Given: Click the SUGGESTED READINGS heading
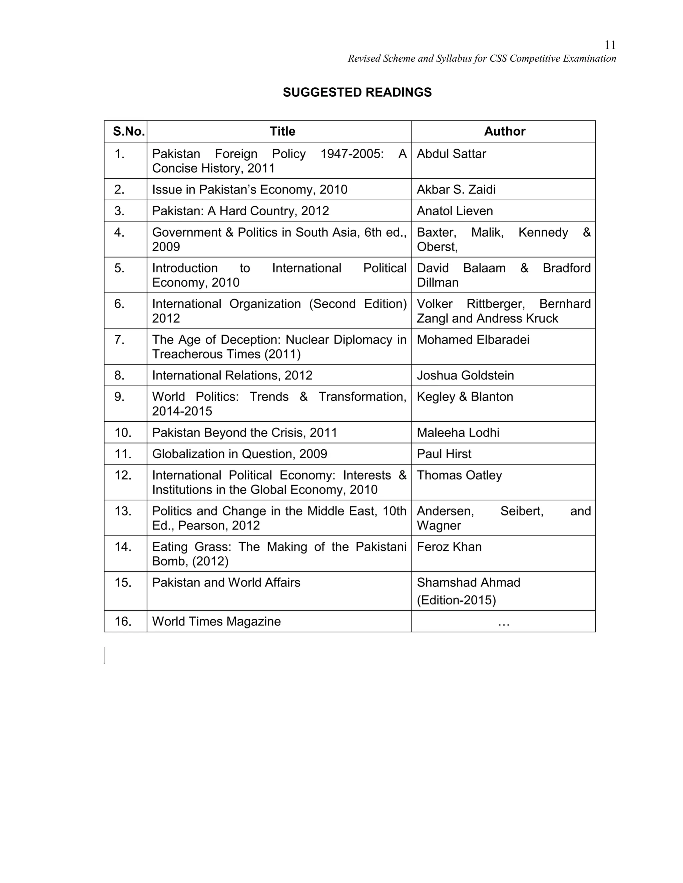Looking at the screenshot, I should pyautogui.click(x=357, y=93).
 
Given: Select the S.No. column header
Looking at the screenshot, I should pyautogui.click(x=129, y=131).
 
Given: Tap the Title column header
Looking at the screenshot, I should pyautogui.click(x=282, y=131).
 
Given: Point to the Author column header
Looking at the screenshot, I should pyautogui.click(x=504, y=131).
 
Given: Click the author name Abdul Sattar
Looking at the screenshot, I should pyautogui.click(x=451, y=154).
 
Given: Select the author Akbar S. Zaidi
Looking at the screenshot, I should pyautogui.click(x=456, y=190).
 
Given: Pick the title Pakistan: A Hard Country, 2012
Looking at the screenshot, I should pyautogui.click(x=240, y=211).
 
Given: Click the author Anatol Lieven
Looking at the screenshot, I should pyautogui.click(x=455, y=211).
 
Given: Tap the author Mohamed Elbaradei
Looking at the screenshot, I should pyautogui.click(x=473, y=340).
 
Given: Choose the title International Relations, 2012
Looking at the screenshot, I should pyautogui.click(x=232, y=376).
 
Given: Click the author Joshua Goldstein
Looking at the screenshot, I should pyautogui.click(x=465, y=376).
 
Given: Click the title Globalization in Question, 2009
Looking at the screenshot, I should pyautogui.click(x=239, y=454).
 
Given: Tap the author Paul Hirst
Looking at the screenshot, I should pyautogui.click(x=444, y=454).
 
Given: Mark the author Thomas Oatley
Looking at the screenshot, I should pyautogui.click(x=459, y=475).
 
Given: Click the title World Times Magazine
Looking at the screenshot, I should pyautogui.click(x=216, y=621).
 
